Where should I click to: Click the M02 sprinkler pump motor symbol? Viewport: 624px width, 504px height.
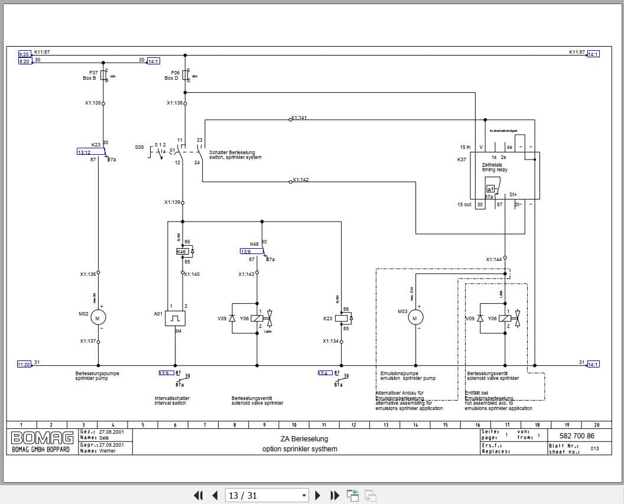(x=98, y=318)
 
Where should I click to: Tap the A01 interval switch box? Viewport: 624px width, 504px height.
(x=175, y=318)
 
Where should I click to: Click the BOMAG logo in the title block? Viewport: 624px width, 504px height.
(x=43, y=438)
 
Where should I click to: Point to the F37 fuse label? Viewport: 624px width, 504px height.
(x=93, y=72)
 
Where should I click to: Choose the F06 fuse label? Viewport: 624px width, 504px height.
(x=175, y=72)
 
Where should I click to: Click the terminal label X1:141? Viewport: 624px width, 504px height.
(x=299, y=118)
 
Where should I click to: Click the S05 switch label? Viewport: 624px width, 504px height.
(x=139, y=147)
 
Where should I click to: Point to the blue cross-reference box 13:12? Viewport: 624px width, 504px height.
(x=83, y=152)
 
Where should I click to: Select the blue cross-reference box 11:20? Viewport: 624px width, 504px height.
(x=24, y=365)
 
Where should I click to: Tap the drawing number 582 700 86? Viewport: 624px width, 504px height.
(x=573, y=436)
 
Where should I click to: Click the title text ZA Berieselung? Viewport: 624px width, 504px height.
(x=304, y=439)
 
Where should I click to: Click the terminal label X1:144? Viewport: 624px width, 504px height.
(x=493, y=259)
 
